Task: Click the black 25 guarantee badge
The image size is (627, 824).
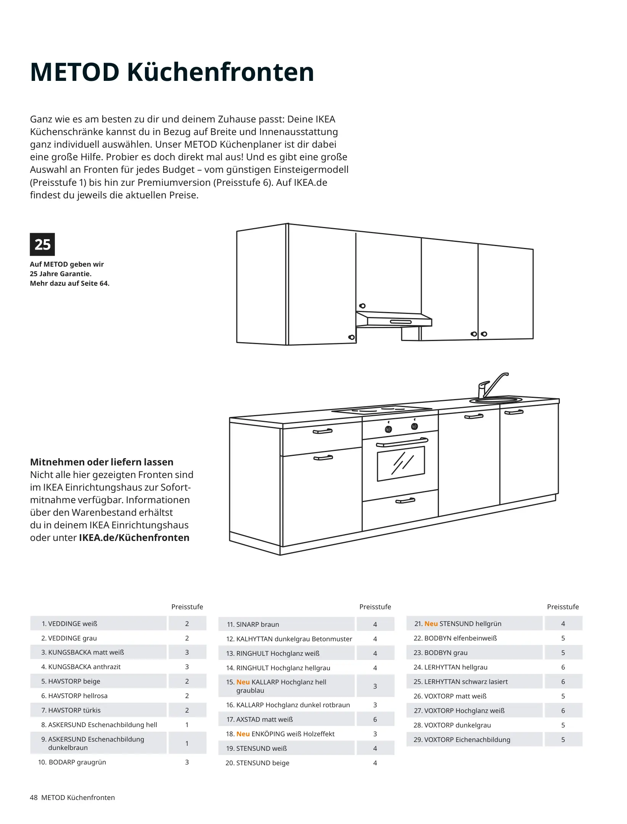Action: click(x=42, y=244)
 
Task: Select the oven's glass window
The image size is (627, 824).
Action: click(x=400, y=463)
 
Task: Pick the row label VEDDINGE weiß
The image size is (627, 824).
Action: click(x=69, y=624)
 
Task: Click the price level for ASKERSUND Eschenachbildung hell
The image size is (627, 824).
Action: click(x=187, y=725)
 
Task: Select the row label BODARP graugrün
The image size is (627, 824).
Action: click(x=72, y=762)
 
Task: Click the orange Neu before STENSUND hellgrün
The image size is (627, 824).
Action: click(x=431, y=624)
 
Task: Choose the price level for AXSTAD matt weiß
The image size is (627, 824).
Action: click(x=375, y=719)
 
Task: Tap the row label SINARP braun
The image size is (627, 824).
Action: click(x=253, y=624)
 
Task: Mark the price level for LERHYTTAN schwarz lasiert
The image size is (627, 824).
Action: click(x=563, y=682)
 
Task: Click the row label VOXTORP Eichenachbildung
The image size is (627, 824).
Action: click(x=462, y=740)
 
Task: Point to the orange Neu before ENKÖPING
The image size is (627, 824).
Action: click(x=243, y=734)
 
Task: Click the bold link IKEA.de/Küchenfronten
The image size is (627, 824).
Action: click(x=134, y=538)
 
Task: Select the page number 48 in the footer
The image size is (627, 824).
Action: click(x=34, y=798)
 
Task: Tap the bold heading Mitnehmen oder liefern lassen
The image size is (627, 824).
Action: click(x=101, y=462)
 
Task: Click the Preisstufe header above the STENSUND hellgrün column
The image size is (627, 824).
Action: click(x=563, y=607)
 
